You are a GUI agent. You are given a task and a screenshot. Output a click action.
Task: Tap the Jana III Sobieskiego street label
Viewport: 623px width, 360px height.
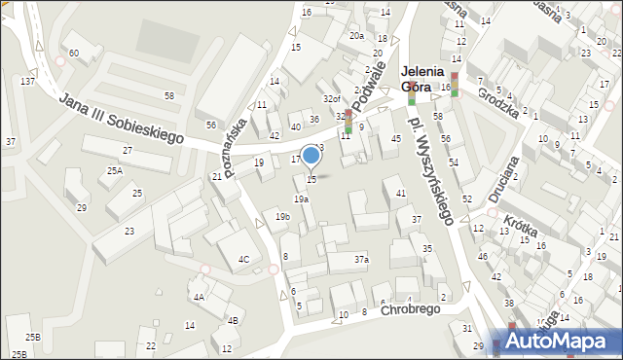[121, 119]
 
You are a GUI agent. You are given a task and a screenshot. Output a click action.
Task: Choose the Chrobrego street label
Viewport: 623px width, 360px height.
[411, 309]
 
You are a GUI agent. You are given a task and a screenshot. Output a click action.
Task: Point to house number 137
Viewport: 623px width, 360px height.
[28, 81]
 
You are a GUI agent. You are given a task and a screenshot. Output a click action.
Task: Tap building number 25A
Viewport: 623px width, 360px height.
[115, 171]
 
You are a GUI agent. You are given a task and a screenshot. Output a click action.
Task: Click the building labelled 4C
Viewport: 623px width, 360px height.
[244, 259]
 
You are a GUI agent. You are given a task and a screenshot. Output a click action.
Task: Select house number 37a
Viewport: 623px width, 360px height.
[361, 260]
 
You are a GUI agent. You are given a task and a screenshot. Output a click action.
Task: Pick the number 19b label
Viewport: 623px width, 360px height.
[282, 217]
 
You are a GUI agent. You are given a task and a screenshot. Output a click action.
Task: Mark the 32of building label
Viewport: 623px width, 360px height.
[332, 99]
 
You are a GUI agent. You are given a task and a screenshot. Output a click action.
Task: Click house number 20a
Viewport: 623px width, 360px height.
[356, 36]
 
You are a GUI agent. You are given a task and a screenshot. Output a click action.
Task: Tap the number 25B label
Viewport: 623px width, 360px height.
[33, 337]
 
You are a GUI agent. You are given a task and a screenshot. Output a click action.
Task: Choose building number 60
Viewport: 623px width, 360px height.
[74, 52]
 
